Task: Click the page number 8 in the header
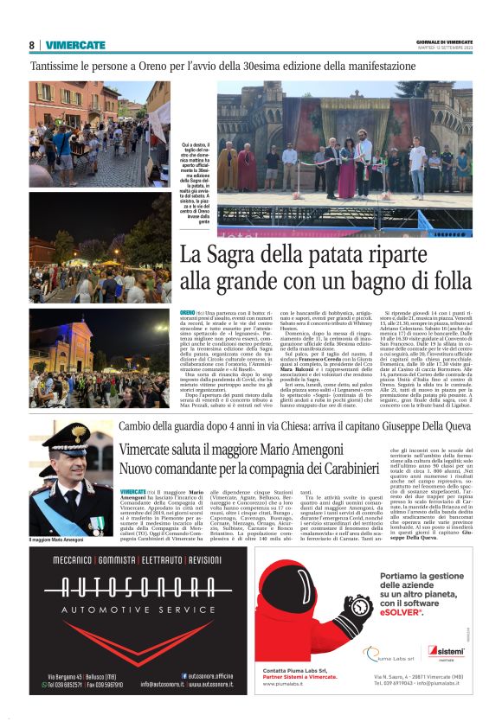[x=32, y=45]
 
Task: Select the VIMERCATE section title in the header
[x=75, y=45]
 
